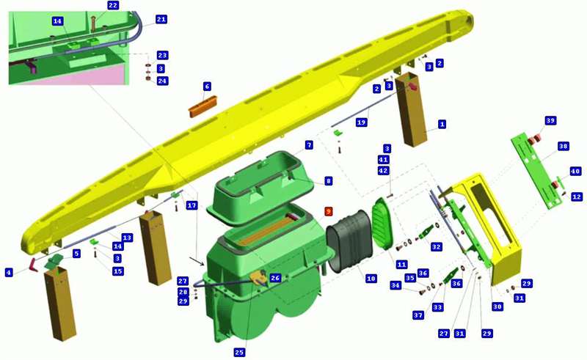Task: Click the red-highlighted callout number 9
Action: coord(328,211)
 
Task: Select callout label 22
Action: coord(113,5)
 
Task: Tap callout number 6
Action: coord(207,87)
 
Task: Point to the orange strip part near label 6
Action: coord(203,106)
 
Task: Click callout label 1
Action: coord(442,124)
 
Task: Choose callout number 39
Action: coord(550,120)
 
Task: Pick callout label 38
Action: coord(563,146)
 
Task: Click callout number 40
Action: coord(575,172)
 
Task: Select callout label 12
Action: coord(577,196)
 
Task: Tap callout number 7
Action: coord(309,145)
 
